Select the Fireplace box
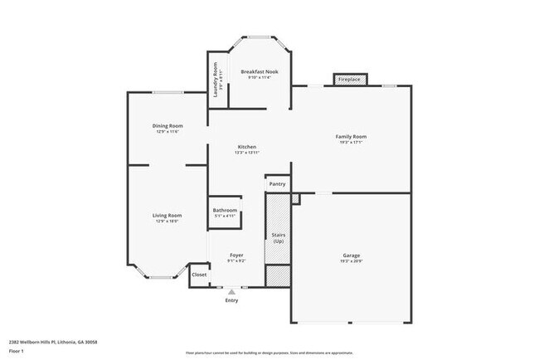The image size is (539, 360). tap(348, 80)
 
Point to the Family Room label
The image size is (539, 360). tap(351, 136)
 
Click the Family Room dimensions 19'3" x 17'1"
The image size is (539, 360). tap(351, 143)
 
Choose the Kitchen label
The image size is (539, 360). tap(246, 146)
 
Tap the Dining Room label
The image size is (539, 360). tap(167, 125)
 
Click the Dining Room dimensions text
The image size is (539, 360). tap(167, 132)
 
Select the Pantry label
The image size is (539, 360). tap(277, 184)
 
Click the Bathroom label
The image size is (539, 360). tap(225, 211)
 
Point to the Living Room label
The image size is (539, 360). tap(167, 216)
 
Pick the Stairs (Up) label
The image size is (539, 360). tap(279, 238)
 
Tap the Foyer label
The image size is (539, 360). tap(236, 255)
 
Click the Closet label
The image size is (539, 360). tap(199, 275)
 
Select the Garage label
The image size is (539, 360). tap(352, 255)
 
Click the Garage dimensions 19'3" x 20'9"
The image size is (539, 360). tap(352, 261)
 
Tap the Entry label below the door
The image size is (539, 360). tap(231, 300)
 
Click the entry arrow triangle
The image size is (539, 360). tap(231, 291)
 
